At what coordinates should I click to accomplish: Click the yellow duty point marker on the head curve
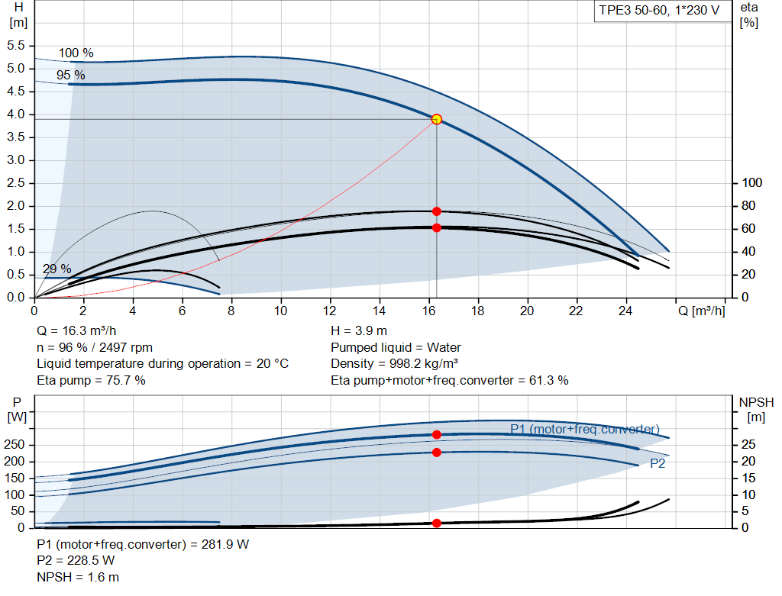[436, 119]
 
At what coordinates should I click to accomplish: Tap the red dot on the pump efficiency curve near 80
[436, 211]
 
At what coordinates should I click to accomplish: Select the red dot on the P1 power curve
[436, 434]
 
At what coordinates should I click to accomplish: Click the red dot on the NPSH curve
[436, 523]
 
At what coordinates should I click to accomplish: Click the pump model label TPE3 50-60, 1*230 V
[658, 11]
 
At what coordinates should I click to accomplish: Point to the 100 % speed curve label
[76, 53]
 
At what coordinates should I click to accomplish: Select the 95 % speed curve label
[70, 75]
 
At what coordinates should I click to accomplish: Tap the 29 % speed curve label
[57, 269]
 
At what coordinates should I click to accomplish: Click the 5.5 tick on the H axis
[16, 46]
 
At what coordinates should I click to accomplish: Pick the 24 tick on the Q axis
[625, 311]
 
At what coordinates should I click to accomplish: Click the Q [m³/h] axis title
[701, 311]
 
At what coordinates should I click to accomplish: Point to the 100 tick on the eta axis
[752, 183]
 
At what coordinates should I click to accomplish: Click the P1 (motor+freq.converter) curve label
[584, 429]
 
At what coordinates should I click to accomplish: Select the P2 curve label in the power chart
[658, 463]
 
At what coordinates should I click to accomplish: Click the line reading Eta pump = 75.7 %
[91, 380]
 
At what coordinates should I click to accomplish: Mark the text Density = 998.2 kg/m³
[394, 363]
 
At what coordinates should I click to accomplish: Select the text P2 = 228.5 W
[76, 561]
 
